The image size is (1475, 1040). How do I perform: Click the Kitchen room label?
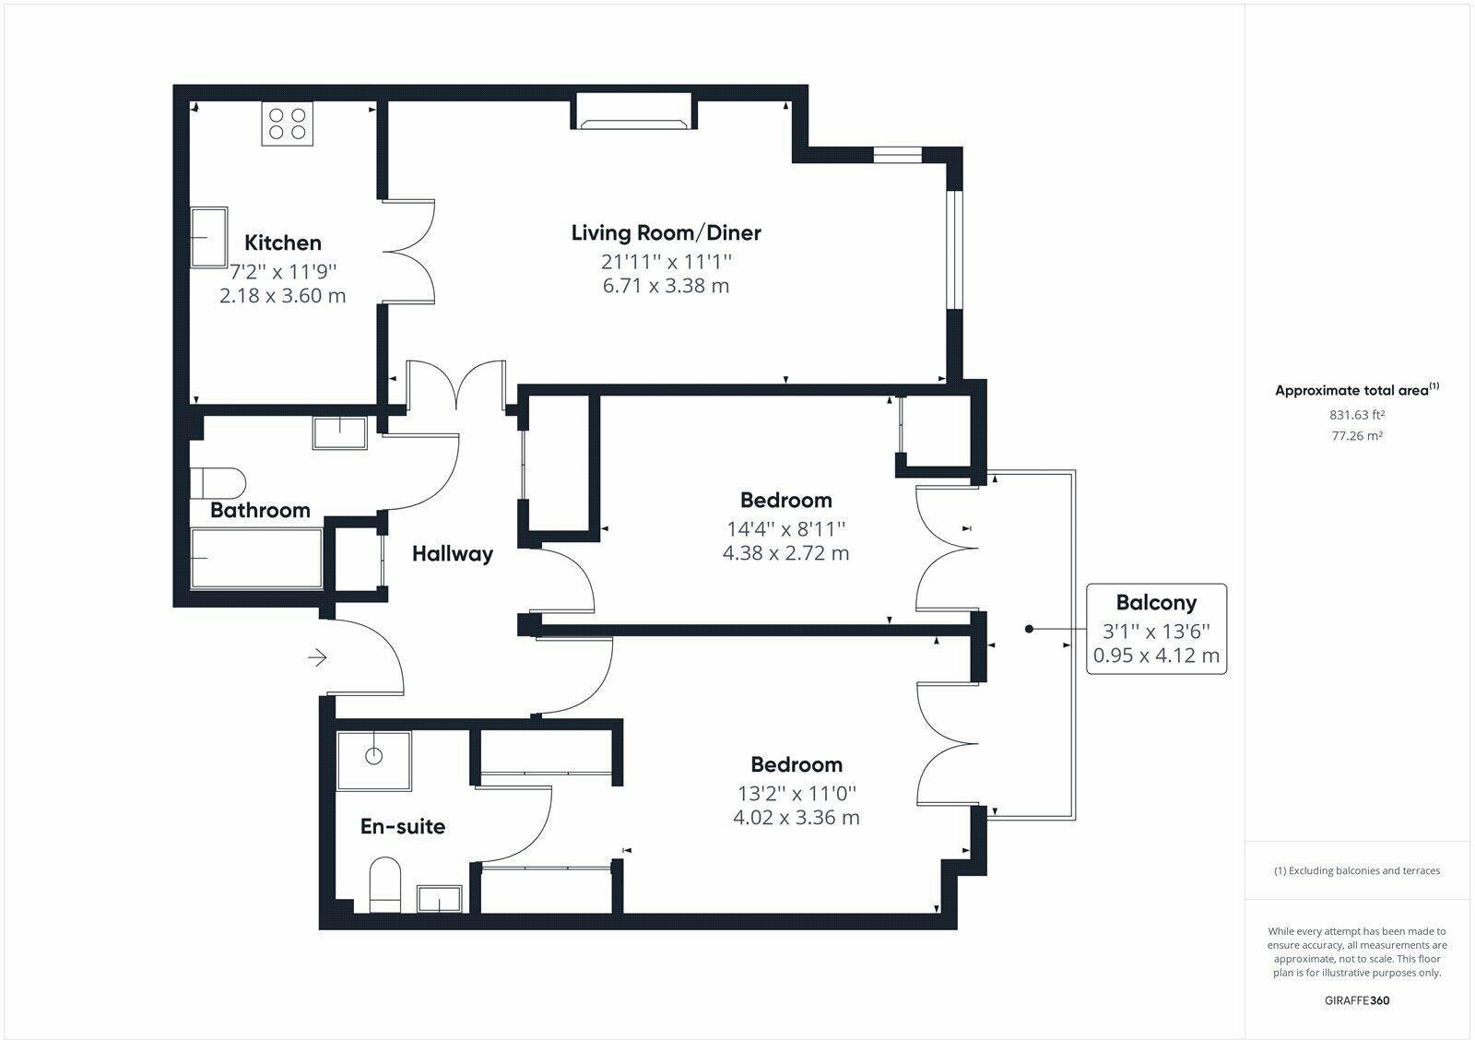[282, 242]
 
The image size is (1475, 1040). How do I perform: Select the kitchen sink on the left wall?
[209, 237]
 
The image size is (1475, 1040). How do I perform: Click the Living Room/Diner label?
[666, 232]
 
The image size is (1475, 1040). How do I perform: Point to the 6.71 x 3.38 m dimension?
[666, 286]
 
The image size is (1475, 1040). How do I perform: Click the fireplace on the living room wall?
[633, 112]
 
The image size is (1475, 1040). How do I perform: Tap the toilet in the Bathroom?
[218, 482]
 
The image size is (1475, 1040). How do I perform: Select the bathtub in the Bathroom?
[255, 558]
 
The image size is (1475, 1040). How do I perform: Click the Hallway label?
[452, 553]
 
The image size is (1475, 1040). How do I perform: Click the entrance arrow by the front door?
[317, 657]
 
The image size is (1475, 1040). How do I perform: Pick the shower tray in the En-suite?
[373, 761]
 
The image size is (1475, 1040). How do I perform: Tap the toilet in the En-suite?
[385, 884]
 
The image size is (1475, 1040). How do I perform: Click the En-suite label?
[402, 826]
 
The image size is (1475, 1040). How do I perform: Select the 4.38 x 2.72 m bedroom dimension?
[785, 553]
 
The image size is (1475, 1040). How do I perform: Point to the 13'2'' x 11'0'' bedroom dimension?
[796, 793]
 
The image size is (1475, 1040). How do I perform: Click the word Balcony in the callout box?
[1156, 602]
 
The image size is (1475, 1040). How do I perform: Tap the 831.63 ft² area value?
[1357, 415]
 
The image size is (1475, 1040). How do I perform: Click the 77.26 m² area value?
[1357, 436]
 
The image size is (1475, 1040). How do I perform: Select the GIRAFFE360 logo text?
[1357, 1000]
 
